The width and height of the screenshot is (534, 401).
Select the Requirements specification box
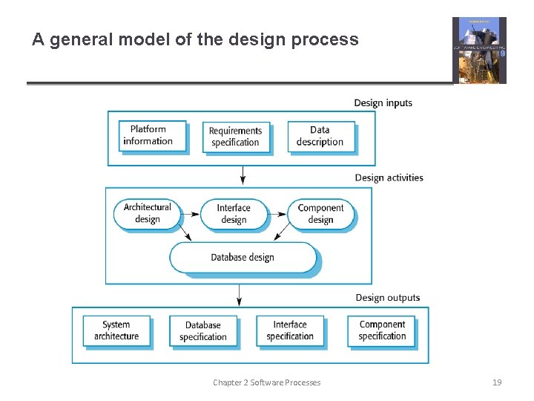[235, 137]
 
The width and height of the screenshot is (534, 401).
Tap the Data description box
[320, 136]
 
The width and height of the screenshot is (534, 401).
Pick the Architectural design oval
[147, 213]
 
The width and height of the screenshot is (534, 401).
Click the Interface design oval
[233, 214]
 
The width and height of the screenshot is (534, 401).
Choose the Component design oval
[320, 214]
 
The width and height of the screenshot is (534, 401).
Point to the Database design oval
[243, 258]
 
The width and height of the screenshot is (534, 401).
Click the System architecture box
[116, 330]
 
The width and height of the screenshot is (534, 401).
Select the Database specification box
[203, 331]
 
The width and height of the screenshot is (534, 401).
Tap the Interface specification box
[290, 330]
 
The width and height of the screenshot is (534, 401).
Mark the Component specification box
[382, 330]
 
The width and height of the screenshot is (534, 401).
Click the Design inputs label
[383, 103]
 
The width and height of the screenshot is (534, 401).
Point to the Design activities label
[389, 178]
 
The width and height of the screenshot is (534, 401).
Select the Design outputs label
[387, 298]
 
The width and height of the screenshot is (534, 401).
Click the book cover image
[479, 50]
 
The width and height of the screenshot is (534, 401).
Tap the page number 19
[497, 382]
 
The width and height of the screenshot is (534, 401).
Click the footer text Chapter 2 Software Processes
[266, 382]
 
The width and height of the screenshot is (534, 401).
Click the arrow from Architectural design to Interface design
[190, 214]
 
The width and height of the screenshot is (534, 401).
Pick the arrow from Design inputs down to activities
[242, 176]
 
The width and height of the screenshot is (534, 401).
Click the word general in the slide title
[81, 39]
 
